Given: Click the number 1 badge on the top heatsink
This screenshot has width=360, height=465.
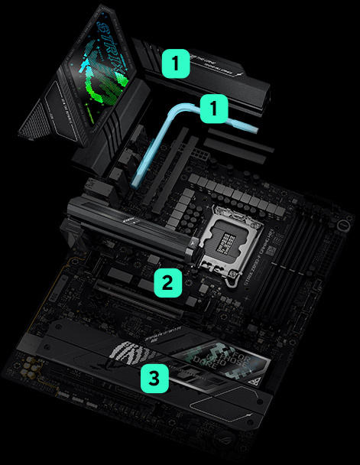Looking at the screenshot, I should pos(177,63).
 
